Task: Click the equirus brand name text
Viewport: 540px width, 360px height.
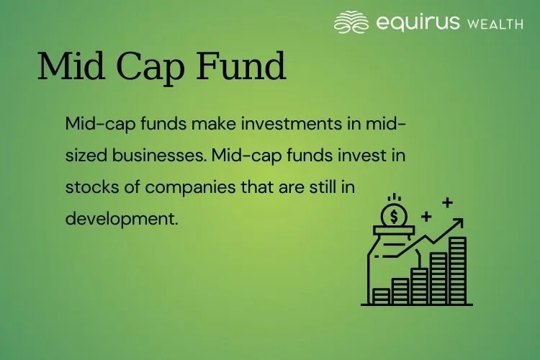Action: [418, 23]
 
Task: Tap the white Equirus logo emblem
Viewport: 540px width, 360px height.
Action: [351, 22]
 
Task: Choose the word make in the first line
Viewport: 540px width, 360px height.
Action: [211, 124]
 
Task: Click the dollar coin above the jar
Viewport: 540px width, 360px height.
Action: [393, 214]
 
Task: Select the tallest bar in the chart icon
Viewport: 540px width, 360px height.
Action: [457, 270]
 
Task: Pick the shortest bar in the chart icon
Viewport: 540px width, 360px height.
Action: [382, 295]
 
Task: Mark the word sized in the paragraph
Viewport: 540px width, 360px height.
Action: [84, 155]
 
